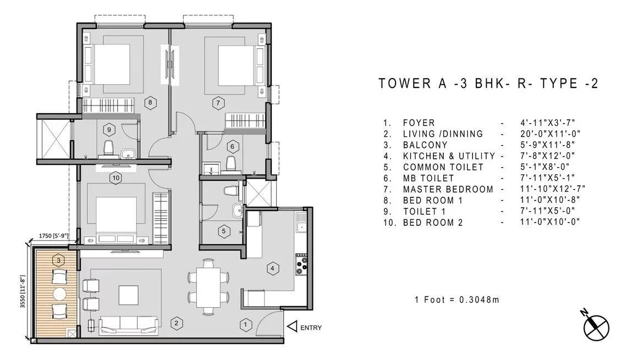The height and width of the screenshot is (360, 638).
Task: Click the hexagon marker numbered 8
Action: click(150, 102)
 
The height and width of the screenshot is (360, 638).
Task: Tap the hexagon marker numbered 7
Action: click(218, 102)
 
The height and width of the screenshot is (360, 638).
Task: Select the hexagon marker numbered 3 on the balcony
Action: click(58, 259)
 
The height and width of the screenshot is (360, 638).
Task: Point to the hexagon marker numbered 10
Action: click(115, 177)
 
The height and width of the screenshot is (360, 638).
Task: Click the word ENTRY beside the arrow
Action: click(311, 328)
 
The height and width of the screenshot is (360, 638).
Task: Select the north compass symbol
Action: click(596, 324)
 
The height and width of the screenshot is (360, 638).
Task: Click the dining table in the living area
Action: click(208, 287)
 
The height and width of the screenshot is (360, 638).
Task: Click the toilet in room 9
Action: click(108, 147)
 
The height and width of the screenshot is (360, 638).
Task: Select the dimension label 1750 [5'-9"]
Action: click(53, 236)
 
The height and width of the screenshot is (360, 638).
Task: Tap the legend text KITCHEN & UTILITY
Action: click(449, 156)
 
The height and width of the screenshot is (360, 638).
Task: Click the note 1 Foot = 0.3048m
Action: click(457, 300)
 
